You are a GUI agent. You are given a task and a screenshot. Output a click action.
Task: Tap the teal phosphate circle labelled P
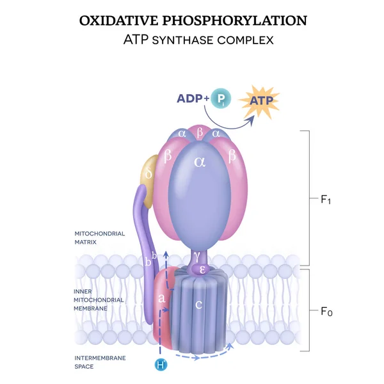pyautogui.click(x=221, y=99)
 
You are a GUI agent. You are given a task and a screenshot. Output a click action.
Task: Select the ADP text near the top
pyautogui.click(x=193, y=99)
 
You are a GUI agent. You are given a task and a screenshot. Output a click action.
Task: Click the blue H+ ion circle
pyautogui.click(x=161, y=365)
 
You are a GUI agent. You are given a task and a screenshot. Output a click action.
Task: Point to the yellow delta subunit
pyautogui.click(x=150, y=174)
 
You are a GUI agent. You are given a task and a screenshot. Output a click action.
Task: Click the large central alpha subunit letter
pyautogui.click(x=200, y=163)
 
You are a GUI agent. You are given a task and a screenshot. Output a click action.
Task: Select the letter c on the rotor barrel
pyautogui.click(x=199, y=304)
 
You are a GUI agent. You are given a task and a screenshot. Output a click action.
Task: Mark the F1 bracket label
pyautogui.click(x=325, y=200)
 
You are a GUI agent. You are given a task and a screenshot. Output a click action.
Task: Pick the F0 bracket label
pyautogui.click(x=326, y=312)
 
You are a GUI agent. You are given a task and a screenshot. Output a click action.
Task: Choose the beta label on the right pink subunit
pyautogui.click(x=232, y=155)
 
